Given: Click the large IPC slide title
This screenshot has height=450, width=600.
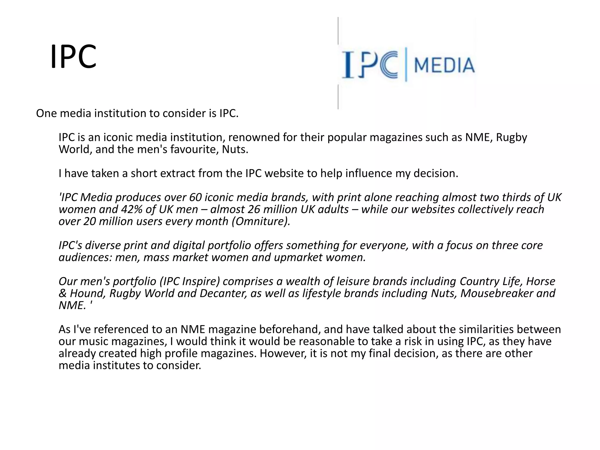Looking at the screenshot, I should pos(73,56).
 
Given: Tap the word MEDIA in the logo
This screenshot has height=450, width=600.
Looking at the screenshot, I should pos(444,65).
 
